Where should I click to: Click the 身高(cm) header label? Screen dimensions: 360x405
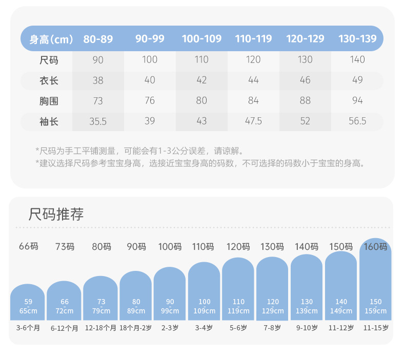(x=51, y=39)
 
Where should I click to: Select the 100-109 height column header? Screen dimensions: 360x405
(x=201, y=39)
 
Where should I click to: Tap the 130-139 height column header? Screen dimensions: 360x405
(x=357, y=39)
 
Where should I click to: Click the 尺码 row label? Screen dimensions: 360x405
(x=49, y=60)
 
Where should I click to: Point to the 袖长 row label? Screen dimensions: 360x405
(x=49, y=121)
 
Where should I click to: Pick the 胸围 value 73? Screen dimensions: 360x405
(x=98, y=101)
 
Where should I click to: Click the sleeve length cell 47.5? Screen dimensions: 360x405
(x=253, y=121)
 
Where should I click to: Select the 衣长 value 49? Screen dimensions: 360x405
(x=357, y=80)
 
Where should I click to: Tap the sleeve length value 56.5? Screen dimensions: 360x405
(x=357, y=121)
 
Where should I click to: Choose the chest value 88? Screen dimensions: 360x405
(x=305, y=101)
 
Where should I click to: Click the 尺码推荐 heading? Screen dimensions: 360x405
(x=56, y=215)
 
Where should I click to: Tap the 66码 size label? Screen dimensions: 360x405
(x=29, y=246)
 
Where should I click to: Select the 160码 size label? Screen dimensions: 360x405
(x=375, y=246)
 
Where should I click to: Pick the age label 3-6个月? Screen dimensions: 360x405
(x=28, y=328)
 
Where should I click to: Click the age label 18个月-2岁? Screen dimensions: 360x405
(x=135, y=328)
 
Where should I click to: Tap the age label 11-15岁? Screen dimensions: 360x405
(x=375, y=328)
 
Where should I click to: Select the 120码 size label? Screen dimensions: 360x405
(x=238, y=246)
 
